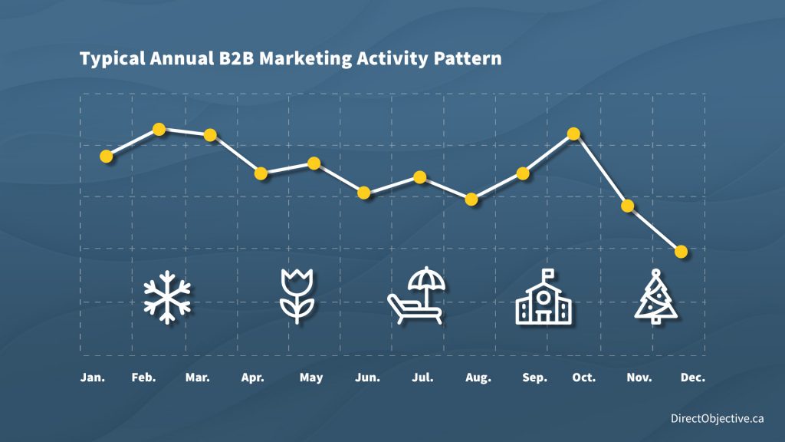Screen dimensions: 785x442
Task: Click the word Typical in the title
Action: coord(113,59)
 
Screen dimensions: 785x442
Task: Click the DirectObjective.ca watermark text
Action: coord(717,418)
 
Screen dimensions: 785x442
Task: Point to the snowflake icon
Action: coord(167,297)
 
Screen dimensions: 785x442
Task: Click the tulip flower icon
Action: coord(297,295)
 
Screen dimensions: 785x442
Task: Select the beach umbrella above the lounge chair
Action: coord(426,281)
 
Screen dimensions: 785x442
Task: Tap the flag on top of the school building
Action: coord(548,274)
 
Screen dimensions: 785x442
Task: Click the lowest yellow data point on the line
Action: coord(681,252)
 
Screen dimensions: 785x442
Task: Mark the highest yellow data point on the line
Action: coord(159,129)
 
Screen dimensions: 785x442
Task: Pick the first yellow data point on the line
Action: coord(106,157)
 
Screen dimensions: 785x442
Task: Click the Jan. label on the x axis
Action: coord(93,378)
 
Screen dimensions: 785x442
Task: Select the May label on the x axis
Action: coord(311,378)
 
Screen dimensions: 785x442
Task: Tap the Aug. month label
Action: coord(478,378)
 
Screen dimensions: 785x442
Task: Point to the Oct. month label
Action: coord(583,378)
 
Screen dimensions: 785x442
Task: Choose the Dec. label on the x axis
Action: coord(692,378)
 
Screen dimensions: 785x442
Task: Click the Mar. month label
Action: coord(197,378)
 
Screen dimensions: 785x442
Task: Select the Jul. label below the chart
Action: coord(422,378)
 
